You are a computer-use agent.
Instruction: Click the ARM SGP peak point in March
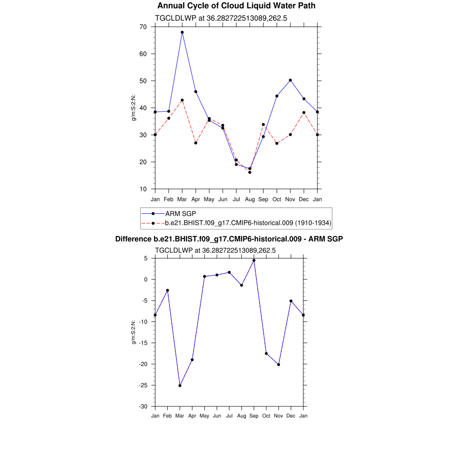pyautogui.click(x=182, y=33)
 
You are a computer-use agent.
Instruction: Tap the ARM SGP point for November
pyautogui.click(x=290, y=80)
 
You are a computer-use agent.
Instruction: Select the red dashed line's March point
pyautogui.click(x=182, y=100)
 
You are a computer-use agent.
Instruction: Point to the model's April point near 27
pyautogui.click(x=196, y=143)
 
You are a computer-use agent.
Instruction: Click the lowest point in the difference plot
pyautogui.click(x=180, y=386)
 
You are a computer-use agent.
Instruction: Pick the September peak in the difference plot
pyautogui.click(x=254, y=260)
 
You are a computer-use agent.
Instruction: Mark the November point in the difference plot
pyautogui.click(x=279, y=364)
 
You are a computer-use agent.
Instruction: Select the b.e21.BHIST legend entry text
pyautogui.click(x=248, y=223)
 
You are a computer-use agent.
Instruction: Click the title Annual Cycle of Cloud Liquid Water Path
pyautogui.click(x=236, y=6)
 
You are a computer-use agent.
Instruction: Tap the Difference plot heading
pyautogui.click(x=229, y=239)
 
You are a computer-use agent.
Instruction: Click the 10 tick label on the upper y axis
pyautogui.click(x=143, y=189)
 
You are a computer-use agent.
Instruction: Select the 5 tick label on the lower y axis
pyautogui.click(x=146, y=259)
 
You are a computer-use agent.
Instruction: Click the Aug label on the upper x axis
pyautogui.click(x=250, y=199)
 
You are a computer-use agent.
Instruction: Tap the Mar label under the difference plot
pyautogui.click(x=180, y=416)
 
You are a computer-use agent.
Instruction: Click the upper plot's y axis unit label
pyautogui.click(x=134, y=108)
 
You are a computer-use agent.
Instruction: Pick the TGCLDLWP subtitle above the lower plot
pyautogui.click(x=215, y=250)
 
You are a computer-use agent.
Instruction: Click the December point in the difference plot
pyautogui.click(x=291, y=301)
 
